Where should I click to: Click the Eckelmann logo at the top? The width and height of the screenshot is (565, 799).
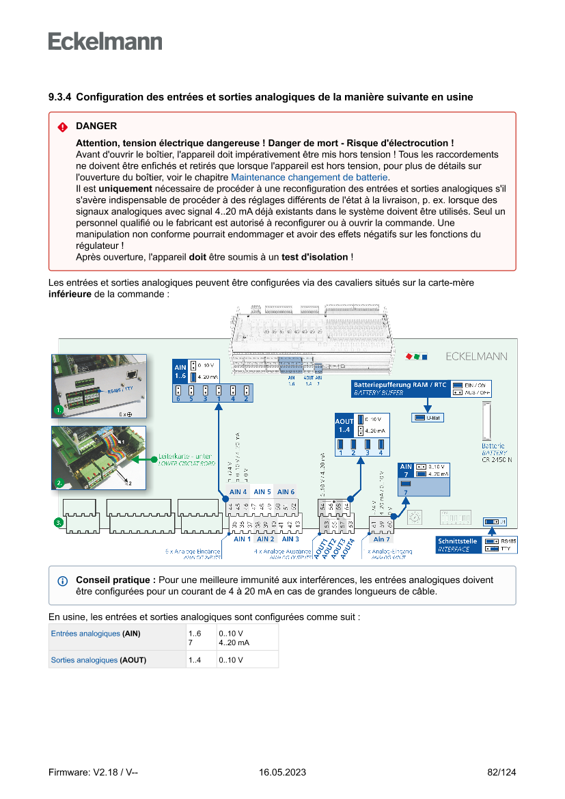(105, 41)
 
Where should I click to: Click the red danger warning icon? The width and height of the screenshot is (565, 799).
(62, 127)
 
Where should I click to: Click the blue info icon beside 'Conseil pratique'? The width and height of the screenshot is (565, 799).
(63, 581)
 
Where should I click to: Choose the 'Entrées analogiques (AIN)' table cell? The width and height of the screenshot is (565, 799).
(96, 634)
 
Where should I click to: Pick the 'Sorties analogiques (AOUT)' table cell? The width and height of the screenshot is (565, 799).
(98, 660)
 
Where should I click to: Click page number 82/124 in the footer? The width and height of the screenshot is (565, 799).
(501, 772)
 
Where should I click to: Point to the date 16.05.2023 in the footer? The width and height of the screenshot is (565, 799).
(282, 772)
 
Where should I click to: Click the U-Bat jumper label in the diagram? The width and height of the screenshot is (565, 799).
(428, 418)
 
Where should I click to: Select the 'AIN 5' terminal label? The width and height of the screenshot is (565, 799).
(262, 491)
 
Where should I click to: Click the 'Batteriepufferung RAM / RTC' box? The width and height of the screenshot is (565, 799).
(400, 388)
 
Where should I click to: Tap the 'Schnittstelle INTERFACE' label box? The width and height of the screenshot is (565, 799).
(458, 545)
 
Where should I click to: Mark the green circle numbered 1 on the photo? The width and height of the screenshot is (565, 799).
(59, 411)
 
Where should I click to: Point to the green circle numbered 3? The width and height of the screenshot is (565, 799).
(59, 523)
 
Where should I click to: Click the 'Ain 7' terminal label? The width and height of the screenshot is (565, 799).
(381, 539)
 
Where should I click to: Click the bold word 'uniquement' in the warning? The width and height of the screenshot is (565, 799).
(125, 188)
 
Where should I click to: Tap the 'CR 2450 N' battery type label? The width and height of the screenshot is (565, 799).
(497, 459)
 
